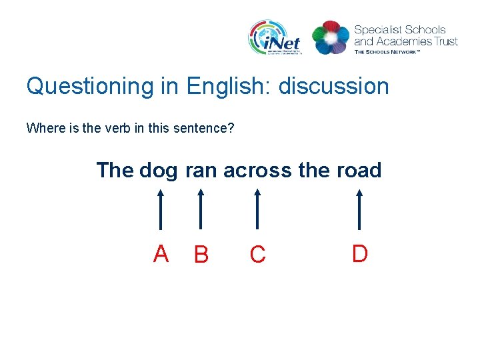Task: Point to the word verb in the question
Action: (x=111, y=127)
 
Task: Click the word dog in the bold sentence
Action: (x=158, y=171)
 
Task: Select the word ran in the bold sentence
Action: (x=201, y=171)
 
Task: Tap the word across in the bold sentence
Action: (x=258, y=171)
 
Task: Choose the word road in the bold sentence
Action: (x=359, y=171)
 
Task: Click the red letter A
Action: (x=161, y=254)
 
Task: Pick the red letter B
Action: (x=201, y=255)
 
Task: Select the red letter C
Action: (x=257, y=255)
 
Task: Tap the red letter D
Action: (x=359, y=253)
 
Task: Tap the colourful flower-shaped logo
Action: (x=331, y=37)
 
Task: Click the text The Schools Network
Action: (x=387, y=51)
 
